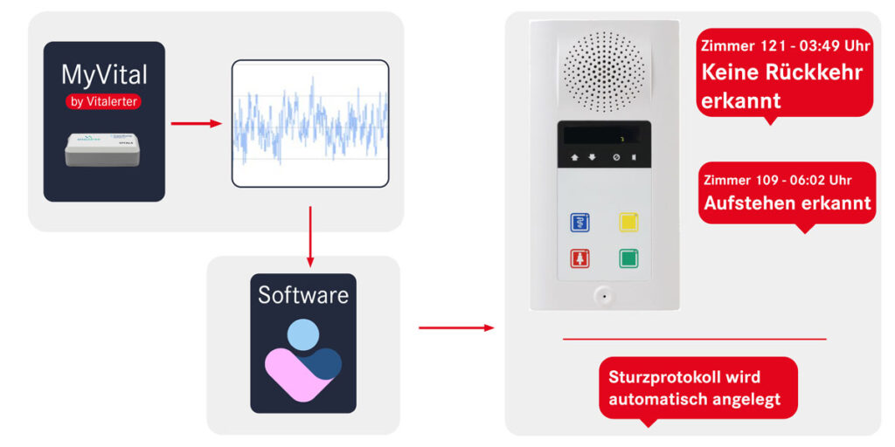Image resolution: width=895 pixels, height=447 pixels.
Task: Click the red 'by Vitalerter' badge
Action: [x=104, y=101]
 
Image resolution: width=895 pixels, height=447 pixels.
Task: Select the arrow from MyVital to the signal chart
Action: [x=197, y=123]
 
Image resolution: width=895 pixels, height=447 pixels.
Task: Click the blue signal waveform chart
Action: [x=309, y=122]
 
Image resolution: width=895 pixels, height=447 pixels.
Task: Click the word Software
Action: [x=303, y=294]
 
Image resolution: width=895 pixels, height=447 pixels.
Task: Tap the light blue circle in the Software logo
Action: [x=303, y=334]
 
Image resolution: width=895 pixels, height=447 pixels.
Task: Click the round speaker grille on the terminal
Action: [x=604, y=71]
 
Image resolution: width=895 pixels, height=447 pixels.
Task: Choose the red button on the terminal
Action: [x=579, y=258]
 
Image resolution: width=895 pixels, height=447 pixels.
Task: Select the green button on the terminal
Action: [x=628, y=258]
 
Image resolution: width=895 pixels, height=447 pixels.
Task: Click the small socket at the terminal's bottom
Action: [x=604, y=295]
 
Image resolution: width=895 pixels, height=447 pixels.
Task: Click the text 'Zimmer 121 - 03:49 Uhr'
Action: [x=785, y=45]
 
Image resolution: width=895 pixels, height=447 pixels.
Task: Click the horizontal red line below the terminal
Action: [x=694, y=339]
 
